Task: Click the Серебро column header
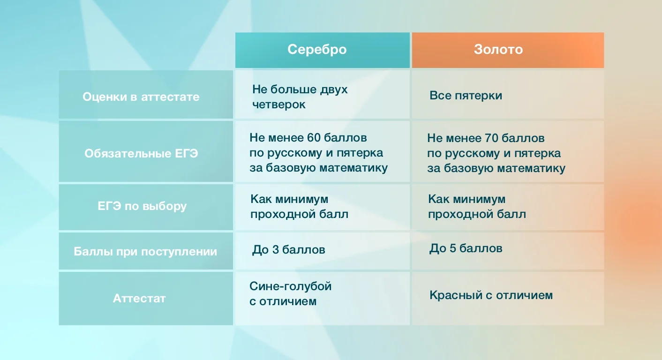tap(317, 50)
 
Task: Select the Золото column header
tap(498, 50)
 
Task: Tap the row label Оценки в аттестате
tap(141, 97)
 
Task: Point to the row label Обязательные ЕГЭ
tap(141, 153)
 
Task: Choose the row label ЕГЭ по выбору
tap(141, 206)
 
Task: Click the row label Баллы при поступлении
tap(145, 252)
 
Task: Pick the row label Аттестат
tap(139, 299)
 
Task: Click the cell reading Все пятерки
tap(466, 96)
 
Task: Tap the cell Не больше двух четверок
tap(300, 97)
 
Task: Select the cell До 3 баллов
tap(288, 250)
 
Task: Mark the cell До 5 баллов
tap(466, 248)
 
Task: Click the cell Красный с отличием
tap(491, 295)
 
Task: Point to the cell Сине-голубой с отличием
tap(290, 293)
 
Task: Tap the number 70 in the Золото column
tap(490, 138)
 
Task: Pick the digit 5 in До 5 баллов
tap(453, 248)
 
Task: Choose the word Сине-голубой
tap(290, 286)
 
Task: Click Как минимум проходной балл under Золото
tap(477, 207)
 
